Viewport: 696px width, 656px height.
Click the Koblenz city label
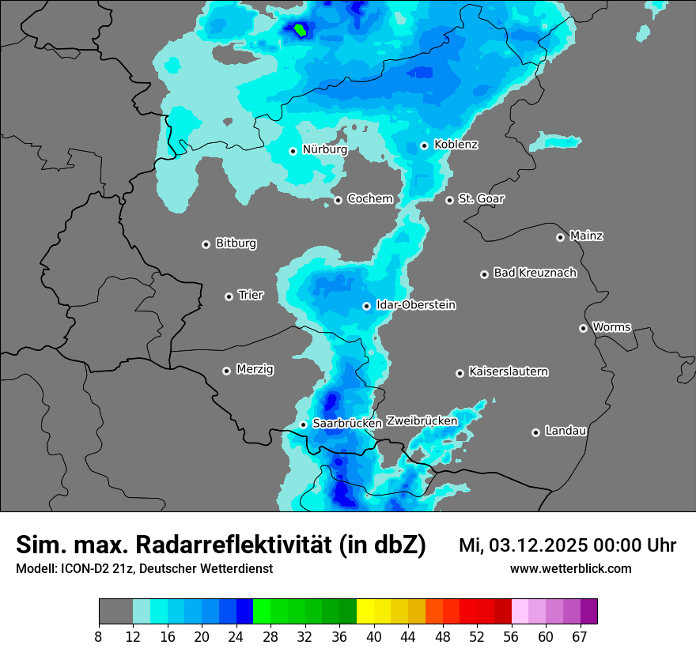(456, 145)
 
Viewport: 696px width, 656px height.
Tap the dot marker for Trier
(229, 296)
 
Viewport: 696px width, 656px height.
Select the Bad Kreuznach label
(535, 273)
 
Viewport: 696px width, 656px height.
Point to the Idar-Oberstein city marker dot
(367, 306)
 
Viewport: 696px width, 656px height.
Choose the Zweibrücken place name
(422, 420)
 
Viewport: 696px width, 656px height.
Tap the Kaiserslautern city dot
(460, 373)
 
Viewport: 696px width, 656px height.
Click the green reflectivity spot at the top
(301, 30)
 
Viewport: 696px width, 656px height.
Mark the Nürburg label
(324, 149)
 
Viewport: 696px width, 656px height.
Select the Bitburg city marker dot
(206, 244)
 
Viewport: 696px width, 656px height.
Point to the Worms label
(611, 326)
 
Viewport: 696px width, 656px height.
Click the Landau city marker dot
(536, 432)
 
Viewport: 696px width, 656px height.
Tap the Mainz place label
(586, 236)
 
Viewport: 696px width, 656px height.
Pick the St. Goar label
(481, 198)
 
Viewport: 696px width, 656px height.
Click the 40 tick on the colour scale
(374, 636)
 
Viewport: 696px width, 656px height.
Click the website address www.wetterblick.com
(570, 569)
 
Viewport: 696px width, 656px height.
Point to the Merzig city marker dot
(227, 371)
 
